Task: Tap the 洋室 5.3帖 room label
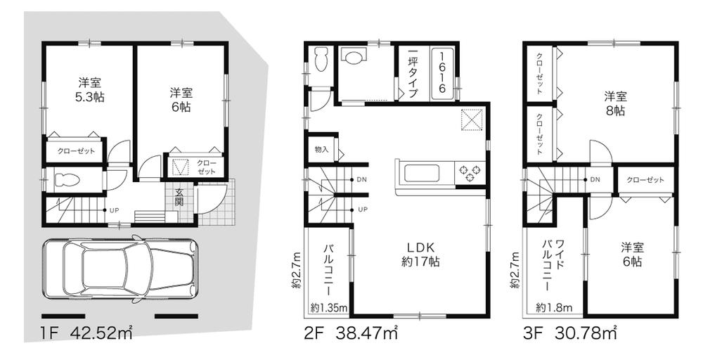(x=89, y=89)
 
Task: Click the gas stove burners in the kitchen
(x=469, y=171)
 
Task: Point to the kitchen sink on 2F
(x=420, y=172)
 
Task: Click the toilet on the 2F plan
(x=322, y=60)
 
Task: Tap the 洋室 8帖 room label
(x=614, y=103)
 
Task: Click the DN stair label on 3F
(x=595, y=180)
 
